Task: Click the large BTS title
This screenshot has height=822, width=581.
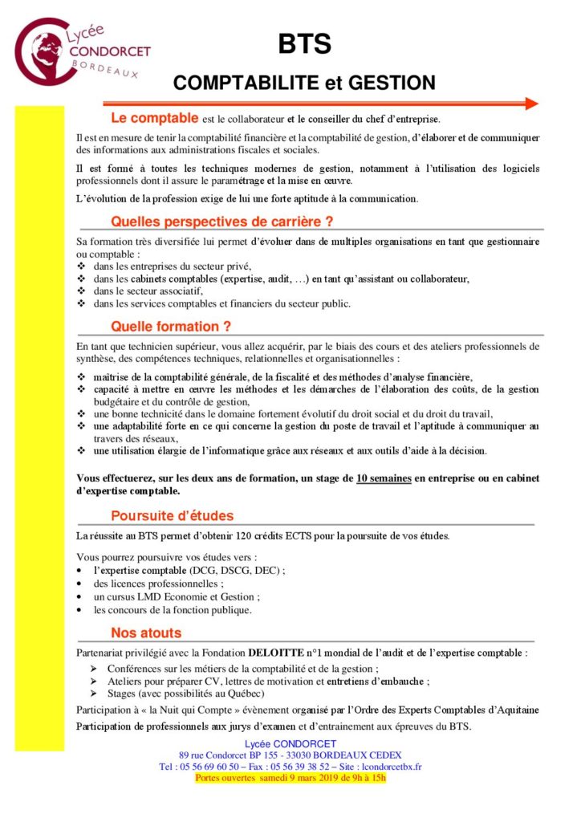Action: click(305, 45)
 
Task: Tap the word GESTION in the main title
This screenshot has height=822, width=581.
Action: click(391, 83)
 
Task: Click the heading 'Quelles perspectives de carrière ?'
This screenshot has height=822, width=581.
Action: click(221, 220)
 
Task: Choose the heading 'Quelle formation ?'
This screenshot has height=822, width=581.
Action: click(171, 327)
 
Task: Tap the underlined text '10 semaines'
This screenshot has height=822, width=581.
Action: click(384, 478)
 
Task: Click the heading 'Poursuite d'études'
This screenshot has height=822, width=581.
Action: click(173, 515)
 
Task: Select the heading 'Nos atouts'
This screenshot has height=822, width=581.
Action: click(146, 633)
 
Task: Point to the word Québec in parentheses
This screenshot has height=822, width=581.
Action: click(245, 694)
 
